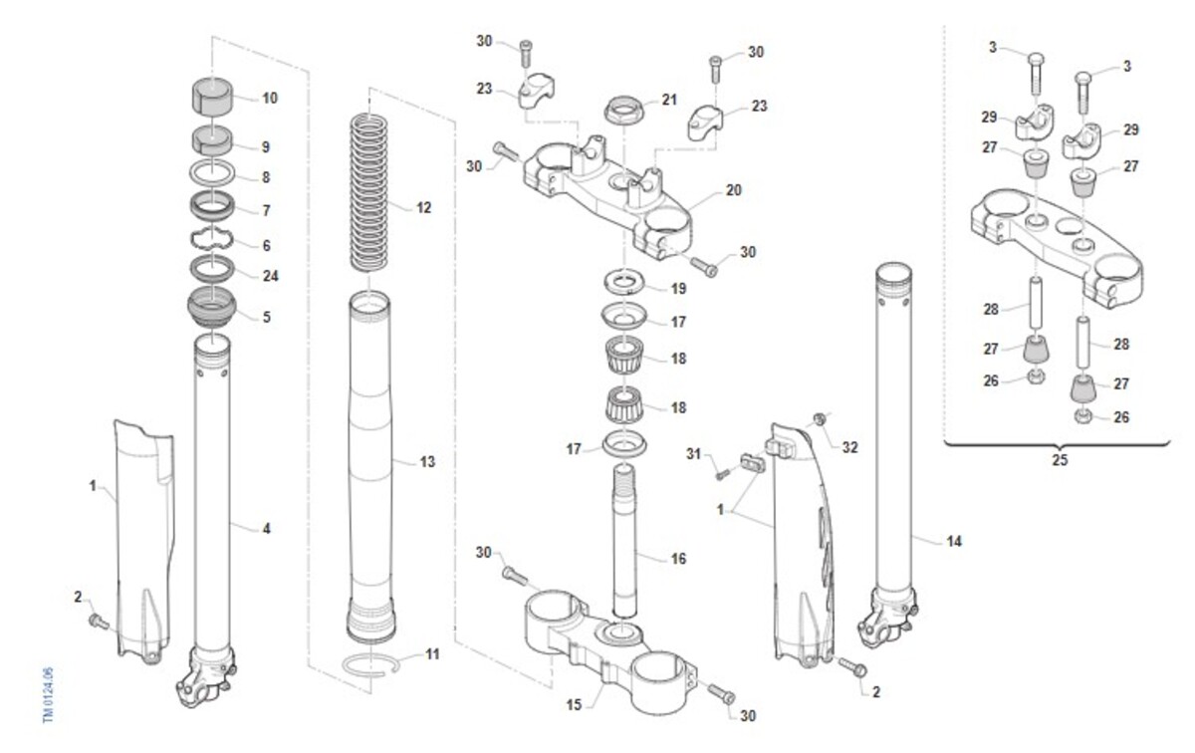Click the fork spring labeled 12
pos(368,193)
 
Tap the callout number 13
pos(427,462)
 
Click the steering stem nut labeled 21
pos(623,110)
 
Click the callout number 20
pos(734,190)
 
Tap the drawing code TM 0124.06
pos(48,695)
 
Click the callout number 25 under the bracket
pos(1060,460)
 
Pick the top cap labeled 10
pos(212,96)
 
